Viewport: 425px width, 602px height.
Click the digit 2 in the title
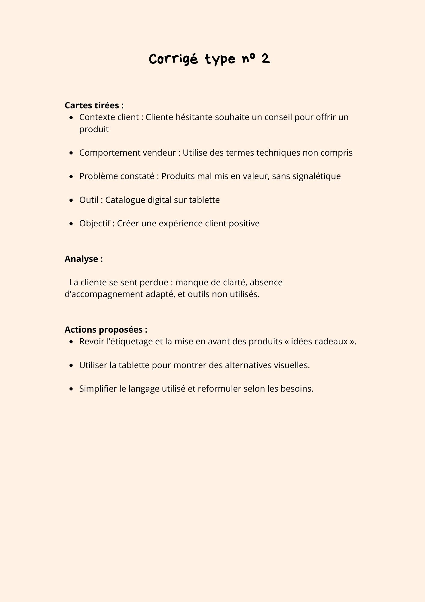coord(265,58)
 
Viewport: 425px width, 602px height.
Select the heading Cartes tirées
coord(94,105)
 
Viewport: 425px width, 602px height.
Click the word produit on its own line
coord(94,129)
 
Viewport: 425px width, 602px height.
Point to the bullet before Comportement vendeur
coord(71,153)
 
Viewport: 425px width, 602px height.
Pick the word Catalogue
coord(125,200)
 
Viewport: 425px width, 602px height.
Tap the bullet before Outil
coord(71,200)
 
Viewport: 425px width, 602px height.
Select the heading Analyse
coord(84,259)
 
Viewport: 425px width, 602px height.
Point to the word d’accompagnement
coord(104,294)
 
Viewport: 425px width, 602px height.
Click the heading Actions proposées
coord(106,330)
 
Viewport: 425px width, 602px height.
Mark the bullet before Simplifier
coord(71,389)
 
